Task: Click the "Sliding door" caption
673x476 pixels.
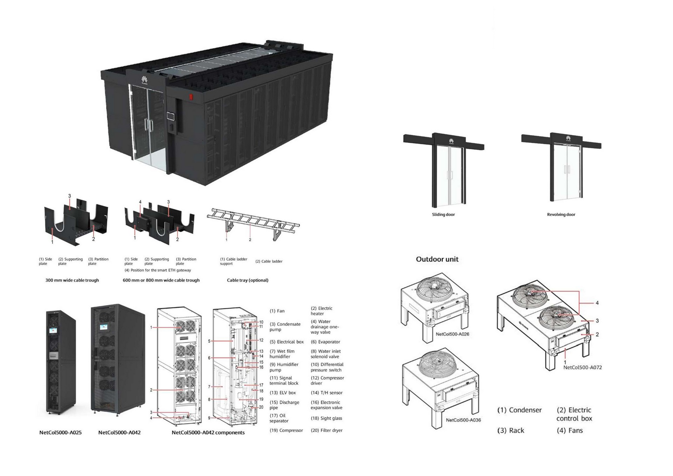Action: point(443,214)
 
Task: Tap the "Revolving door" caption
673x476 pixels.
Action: point(561,214)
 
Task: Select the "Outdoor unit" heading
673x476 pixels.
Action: point(437,259)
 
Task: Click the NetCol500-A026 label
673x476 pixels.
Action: point(452,334)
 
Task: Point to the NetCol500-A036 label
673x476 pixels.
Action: point(463,420)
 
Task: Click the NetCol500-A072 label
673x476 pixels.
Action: point(582,367)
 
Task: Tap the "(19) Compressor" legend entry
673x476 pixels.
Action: point(286,430)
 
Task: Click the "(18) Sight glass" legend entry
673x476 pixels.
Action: point(326,418)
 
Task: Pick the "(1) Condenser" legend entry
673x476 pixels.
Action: point(519,410)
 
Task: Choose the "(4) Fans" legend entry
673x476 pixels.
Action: point(570,430)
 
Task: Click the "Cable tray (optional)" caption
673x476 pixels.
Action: point(247,280)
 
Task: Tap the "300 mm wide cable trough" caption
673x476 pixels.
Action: point(72,280)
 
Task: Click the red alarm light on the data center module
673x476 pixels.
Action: point(191,97)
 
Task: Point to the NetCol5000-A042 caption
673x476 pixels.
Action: point(119,433)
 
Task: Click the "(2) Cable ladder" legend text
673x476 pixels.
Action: point(269,261)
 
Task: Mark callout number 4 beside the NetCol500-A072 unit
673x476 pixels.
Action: point(597,303)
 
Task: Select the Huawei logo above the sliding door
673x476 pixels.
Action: point(451,141)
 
